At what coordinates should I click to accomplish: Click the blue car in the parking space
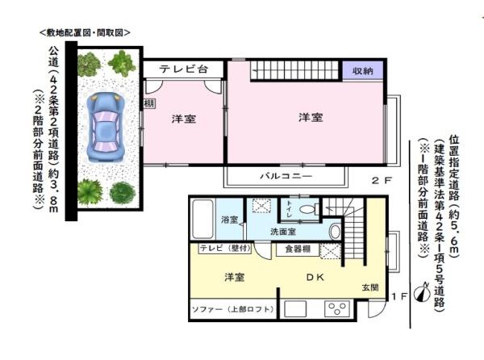(x=105, y=125)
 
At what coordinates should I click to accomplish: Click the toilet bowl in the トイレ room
(x=307, y=210)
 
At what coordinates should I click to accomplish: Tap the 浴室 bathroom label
(x=228, y=220)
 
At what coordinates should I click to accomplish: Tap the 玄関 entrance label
(x=369, y=287)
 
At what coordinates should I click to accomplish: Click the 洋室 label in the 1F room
(x=234, y=277)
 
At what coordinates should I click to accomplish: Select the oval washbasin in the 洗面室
(x=335, y=232)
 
